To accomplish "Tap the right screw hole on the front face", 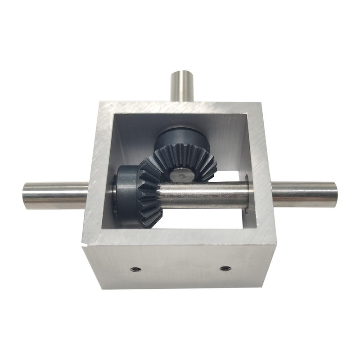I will point(225,269).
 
